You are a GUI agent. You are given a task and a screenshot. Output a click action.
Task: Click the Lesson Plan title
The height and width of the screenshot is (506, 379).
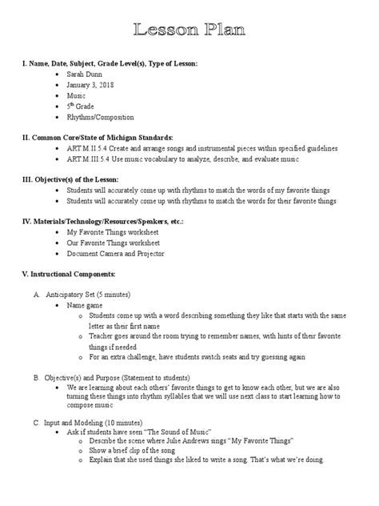[x=189, y=30]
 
